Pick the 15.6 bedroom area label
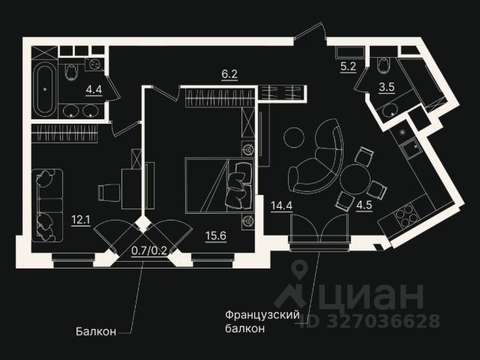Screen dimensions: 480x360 (217, 235)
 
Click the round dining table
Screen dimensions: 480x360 (355, 179)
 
